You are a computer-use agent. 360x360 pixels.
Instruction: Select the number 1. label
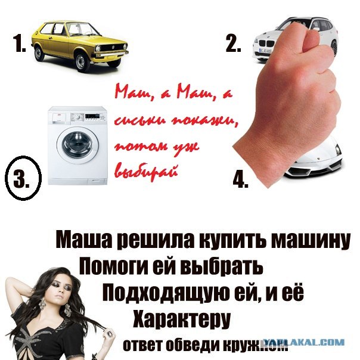coord(18,45)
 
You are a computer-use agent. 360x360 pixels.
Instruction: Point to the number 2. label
coord(233,44)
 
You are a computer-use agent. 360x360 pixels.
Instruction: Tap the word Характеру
coord(181,319)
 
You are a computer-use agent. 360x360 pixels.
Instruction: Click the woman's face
coord(55,295)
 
